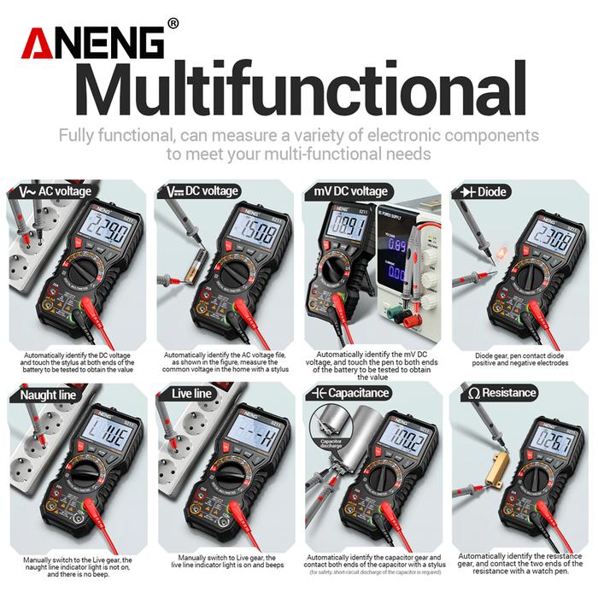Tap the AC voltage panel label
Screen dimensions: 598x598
[x=53, y=191]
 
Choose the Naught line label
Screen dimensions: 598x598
[x=44, y=394]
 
